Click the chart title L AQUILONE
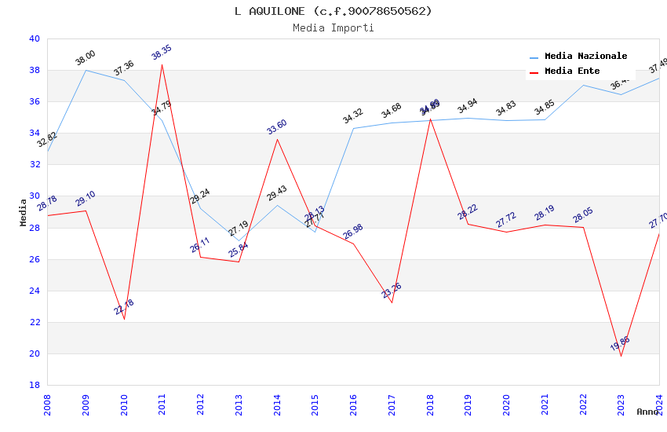333,11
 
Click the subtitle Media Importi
333,27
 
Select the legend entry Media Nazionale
585,56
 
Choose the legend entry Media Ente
572,71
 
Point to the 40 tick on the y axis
34,38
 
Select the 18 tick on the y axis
34,385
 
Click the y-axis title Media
24,212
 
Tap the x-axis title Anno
647,412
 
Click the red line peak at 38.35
162,64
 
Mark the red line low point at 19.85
621,356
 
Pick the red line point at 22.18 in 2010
124,319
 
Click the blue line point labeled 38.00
86,70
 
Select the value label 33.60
277,127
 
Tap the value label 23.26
392,291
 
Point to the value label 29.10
86,199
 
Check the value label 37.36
124,68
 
